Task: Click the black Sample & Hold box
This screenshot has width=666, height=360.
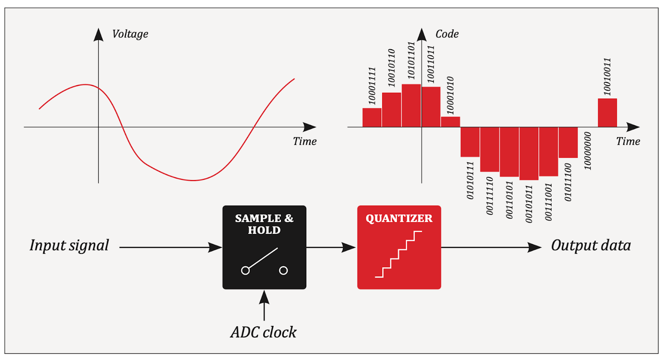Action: [x=264, y=247]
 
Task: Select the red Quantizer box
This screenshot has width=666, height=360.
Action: [x=399, y=247]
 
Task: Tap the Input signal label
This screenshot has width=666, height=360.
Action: [x=69, y=246]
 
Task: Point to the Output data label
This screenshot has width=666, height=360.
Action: [x=591, y=246]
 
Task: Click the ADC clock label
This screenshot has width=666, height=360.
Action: [x=263, y=332]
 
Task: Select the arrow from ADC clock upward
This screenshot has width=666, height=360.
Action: [x=264, y=305]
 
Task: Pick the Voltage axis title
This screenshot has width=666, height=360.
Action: [x=130, y=34]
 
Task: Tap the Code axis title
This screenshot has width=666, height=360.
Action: [x=447, y=34]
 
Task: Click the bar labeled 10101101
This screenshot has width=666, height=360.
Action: [x=411, y=106]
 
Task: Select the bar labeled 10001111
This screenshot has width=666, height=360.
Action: [x=372, y=117]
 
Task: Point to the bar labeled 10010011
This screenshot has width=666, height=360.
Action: [x=607, y=113]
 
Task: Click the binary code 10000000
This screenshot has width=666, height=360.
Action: [x=587, y=151]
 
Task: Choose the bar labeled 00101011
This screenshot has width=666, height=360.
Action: [x=529, y=154]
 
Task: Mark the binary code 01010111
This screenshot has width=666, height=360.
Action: [x=470, y=181]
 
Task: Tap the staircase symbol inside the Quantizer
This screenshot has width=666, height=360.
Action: [x=398, y=254]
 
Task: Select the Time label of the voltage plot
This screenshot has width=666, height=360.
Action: [x=304, y=141]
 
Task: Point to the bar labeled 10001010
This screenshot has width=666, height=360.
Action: [x=450, y=122]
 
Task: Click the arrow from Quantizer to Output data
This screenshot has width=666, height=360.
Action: [x=491, y=247]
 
